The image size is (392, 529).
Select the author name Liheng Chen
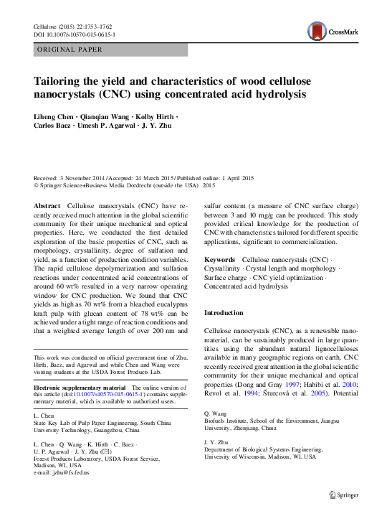point(54,116)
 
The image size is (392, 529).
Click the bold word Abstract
point(47,206)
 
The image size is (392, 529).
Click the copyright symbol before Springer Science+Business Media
point(37,185)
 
